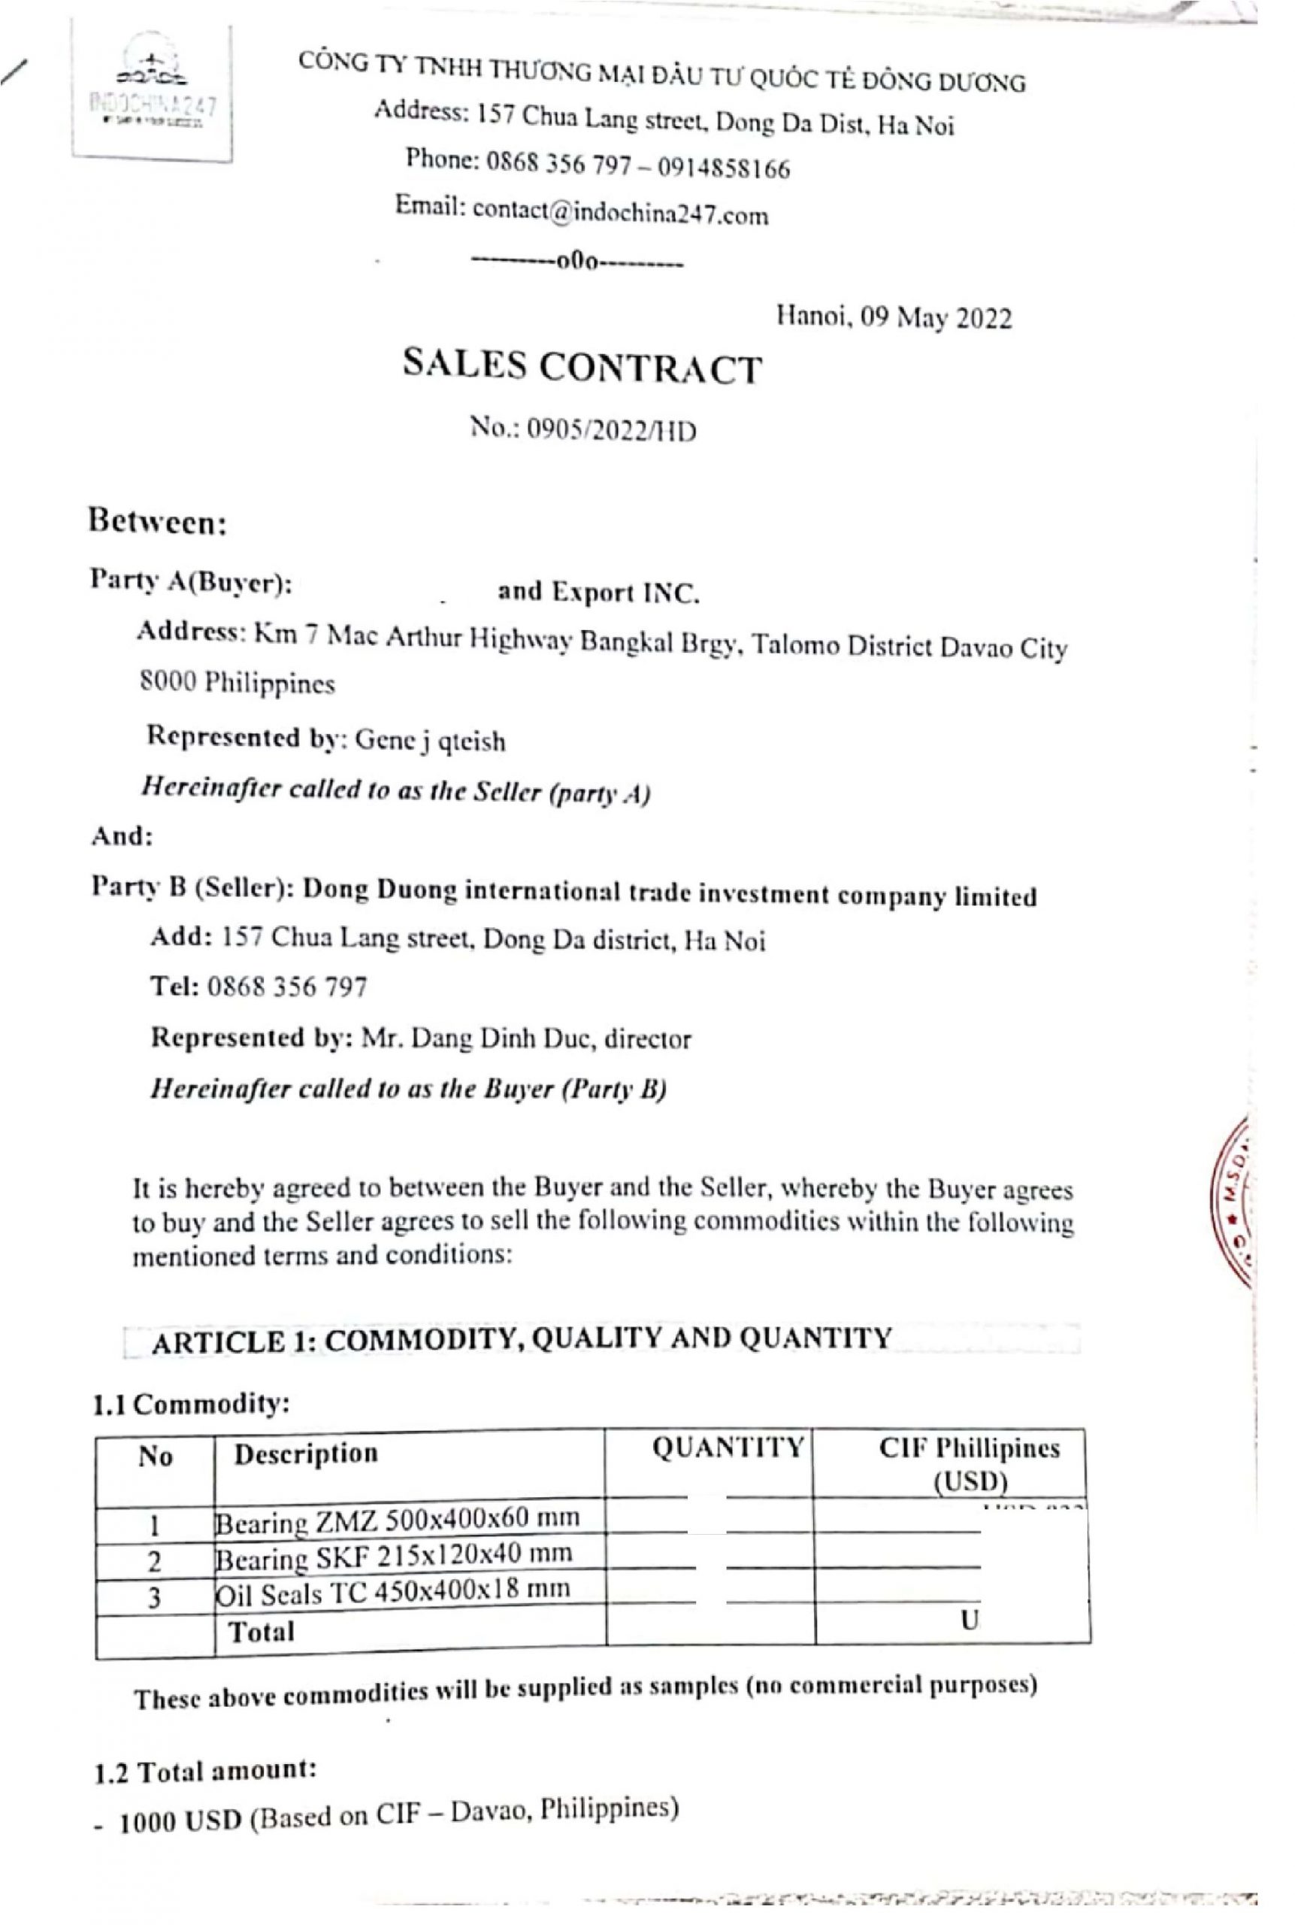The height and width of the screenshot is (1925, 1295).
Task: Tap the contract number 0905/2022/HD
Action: (611, 430)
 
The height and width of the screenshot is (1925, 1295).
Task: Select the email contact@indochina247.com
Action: (620, 215)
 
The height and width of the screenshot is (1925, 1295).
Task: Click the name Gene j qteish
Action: (429, 741)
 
